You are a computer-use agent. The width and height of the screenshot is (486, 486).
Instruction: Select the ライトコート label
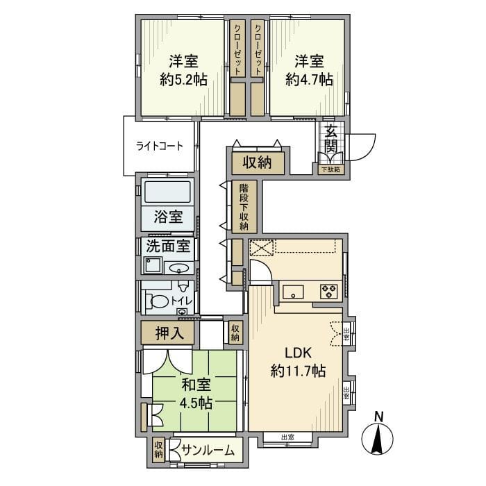[x=160, y=146]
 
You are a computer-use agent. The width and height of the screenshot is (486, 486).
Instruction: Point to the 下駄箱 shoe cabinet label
[x=330, y=169]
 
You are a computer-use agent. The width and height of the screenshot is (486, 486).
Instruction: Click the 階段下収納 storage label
[x=244, y=206]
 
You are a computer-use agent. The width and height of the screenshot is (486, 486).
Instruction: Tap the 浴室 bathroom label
[x=169, y=216]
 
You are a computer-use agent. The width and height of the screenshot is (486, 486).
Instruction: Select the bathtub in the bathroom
[x=167, y=192]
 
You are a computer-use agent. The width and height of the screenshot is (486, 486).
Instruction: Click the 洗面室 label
[x=167, y=246]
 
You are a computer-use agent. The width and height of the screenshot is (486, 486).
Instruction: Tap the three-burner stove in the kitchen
[x=329, y=292]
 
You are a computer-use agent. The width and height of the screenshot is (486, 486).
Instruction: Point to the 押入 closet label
[x=169, y=333]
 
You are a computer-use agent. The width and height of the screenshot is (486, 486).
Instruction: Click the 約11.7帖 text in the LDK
[x=298, y=371]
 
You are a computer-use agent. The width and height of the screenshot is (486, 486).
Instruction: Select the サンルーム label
[x=207, y=451]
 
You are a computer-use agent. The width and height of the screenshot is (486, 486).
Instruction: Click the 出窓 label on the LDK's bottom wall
[x=287, y=437]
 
